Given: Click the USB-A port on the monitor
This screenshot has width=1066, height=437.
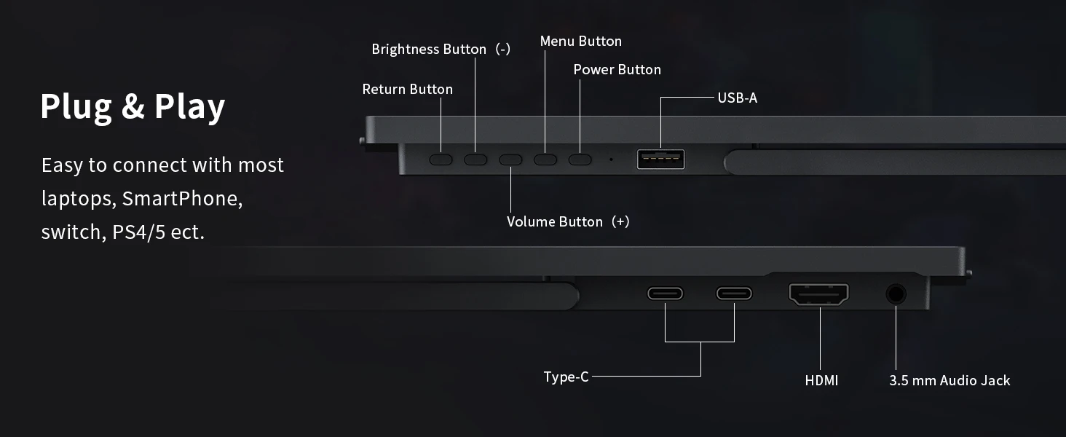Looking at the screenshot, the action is (x=660, y=158).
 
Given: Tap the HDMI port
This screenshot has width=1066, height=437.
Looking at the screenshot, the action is (x=818, y=294).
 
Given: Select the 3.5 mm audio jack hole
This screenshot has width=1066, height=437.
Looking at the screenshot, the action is (x=896, y=294).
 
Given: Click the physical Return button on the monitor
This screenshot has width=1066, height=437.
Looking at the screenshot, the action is (x=441, y=159).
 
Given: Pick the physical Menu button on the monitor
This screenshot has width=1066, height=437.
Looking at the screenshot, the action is (x=545, y=159).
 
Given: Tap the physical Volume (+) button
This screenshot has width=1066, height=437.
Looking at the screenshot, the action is (x=510, y=159).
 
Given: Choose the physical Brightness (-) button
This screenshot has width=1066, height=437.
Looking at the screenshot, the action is (x=475, y=159).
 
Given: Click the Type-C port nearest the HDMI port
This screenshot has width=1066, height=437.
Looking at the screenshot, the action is (x=734, y=294).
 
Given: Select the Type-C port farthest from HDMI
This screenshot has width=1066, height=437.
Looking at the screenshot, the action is (x=666, y=294).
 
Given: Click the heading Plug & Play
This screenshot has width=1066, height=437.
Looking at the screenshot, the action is (x=133, y=106).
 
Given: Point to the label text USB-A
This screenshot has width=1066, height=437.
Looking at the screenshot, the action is (x=737, y=98).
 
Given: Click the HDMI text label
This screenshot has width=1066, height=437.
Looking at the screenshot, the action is (x=821, y=380).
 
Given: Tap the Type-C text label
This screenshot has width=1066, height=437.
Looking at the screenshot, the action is (x=566, y=377).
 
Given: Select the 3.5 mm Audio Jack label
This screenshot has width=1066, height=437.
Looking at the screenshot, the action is (x=949, y=380).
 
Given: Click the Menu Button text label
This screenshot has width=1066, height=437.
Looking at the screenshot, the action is (x=580, y=42).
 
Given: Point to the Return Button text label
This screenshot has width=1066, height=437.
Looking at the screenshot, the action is (x=407, y=89).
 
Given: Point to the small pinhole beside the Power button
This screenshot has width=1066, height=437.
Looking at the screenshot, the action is (x=611, y=159).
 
